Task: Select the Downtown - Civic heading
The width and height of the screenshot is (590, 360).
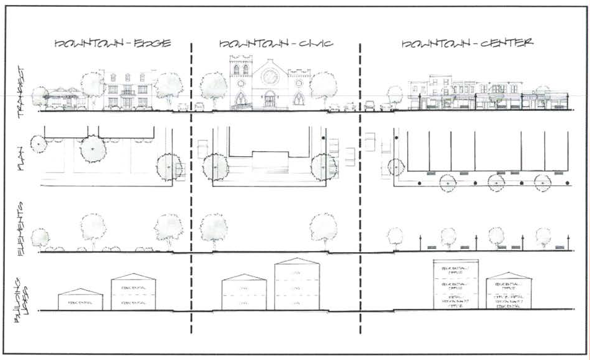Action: (276, 45)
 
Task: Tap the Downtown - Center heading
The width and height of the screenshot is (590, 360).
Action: (467, 45)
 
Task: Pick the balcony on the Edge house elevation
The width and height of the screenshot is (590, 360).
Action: (128, 92)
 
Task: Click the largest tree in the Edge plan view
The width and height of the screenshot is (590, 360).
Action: (92, 149)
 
